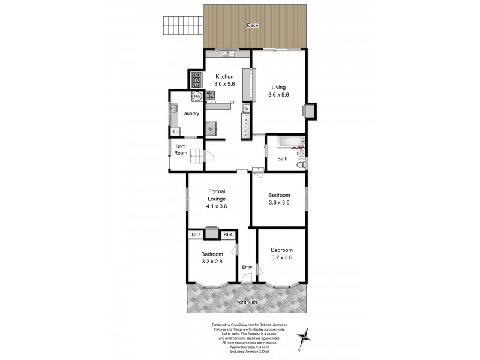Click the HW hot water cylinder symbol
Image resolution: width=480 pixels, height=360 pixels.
196,96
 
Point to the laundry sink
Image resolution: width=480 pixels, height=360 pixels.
173,109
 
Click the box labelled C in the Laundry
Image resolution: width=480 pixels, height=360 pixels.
175,131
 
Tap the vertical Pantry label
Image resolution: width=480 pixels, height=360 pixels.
246,126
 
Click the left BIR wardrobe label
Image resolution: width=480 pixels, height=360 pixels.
196,235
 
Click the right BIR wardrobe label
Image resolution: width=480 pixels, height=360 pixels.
227,235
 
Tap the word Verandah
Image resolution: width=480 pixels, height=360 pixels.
247,302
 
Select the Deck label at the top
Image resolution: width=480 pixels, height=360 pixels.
252,25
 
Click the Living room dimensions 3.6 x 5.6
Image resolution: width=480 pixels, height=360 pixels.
279,94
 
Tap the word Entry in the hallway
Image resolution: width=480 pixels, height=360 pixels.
247,267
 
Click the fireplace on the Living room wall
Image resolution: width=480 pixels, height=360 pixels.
310,111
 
